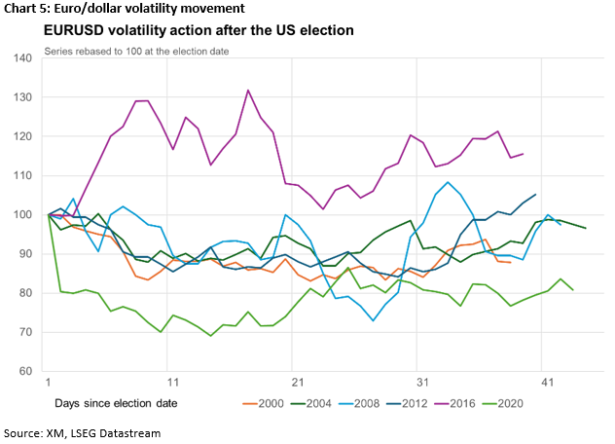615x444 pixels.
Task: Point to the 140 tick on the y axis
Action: [x=22, y=58]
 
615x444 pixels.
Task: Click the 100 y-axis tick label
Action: [x=22, y=214]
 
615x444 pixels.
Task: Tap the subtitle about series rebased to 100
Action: [x=136, y=51]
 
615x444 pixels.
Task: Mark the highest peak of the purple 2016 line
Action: [x=248, y=91]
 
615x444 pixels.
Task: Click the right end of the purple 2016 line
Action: [x=524, y=153]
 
